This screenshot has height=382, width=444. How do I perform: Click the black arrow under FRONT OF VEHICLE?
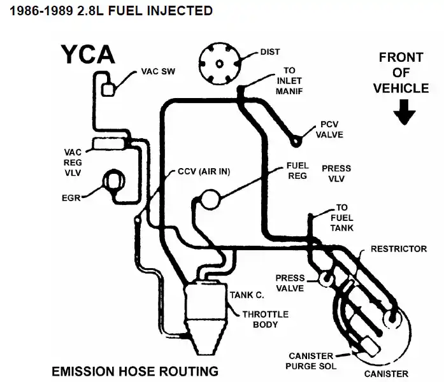click(x=404, y=114)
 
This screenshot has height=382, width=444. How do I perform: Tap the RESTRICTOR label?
click(x=399, y=248)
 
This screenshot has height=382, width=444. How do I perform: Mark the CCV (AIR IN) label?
click(x=204, y=172)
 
